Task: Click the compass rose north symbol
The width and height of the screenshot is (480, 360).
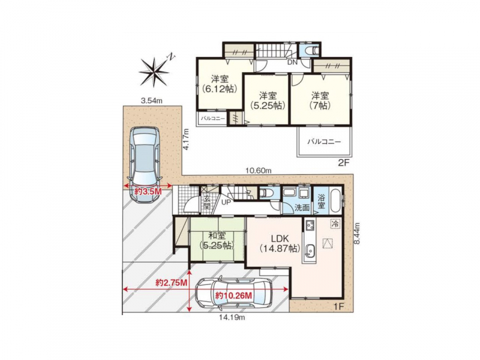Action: tap(155, 71)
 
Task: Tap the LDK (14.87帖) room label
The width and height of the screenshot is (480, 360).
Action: tap(278, 244)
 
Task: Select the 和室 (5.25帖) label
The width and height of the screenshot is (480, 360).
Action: tap(217, 241)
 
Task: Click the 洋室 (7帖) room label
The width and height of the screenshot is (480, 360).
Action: tap(320, 101)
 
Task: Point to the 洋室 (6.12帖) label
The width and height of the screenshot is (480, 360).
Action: tap(220, 84)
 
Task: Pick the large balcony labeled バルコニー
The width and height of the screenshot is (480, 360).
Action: tap(324, 142)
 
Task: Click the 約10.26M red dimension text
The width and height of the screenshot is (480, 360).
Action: tap(233, 296)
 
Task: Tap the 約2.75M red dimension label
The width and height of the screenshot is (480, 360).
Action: tap(172, 283)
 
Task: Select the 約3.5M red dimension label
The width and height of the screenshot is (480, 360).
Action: tap(148, 191)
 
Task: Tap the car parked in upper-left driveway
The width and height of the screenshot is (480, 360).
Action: tap(145, 164)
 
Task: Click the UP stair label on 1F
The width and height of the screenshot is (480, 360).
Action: tap(226, 202)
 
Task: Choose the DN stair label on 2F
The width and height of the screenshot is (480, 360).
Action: tap(292, 62)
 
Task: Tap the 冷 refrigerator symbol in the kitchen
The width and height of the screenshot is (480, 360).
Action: tap(336, 224)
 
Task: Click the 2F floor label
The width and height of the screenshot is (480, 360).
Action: tap(343, 163)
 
